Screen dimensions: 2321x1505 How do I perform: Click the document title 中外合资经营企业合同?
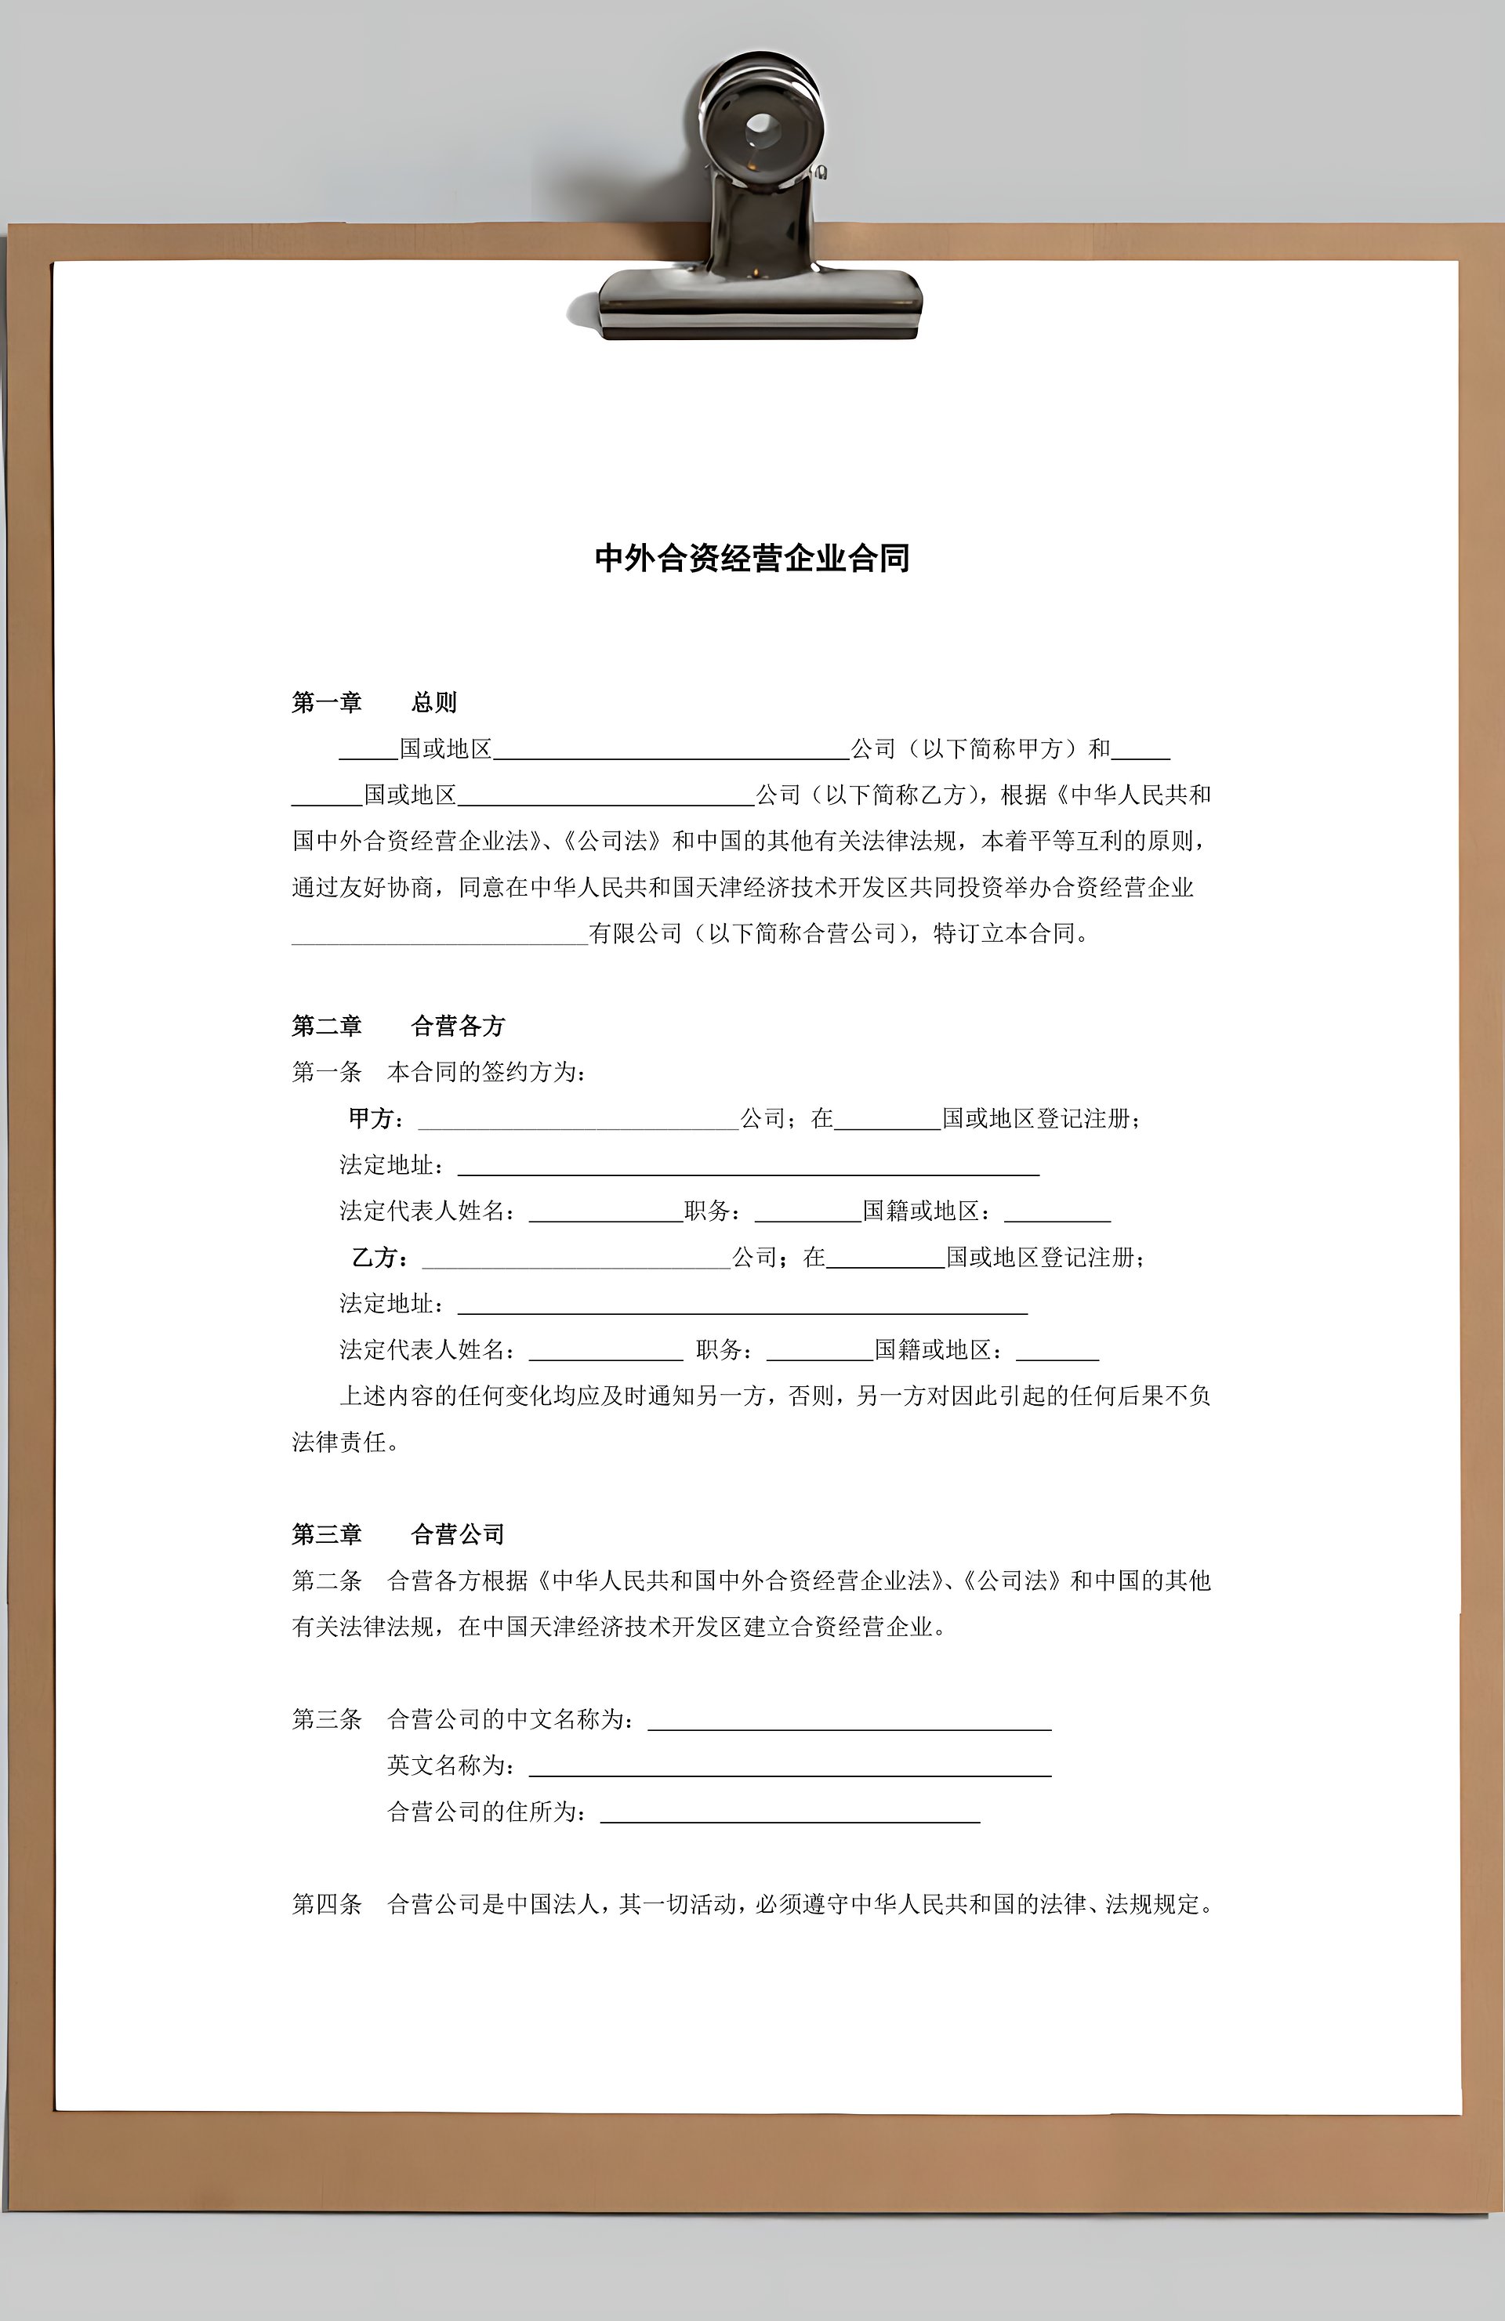coord(752,558)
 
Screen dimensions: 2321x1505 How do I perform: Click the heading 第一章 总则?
coord(374,702)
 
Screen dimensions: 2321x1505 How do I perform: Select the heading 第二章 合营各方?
coord(398,1026)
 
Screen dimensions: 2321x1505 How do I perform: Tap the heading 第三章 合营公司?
coord(398,1534)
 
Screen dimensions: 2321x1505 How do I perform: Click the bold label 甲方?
coord(372,1118)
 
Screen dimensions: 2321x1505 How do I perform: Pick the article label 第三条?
coord(327,1719)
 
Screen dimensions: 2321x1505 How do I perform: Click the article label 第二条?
coord(327,1581)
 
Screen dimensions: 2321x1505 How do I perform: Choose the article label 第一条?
coord(327,1073)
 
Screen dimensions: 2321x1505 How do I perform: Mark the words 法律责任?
coord(339,1443)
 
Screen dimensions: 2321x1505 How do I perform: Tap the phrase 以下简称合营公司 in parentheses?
coord(802,933)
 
